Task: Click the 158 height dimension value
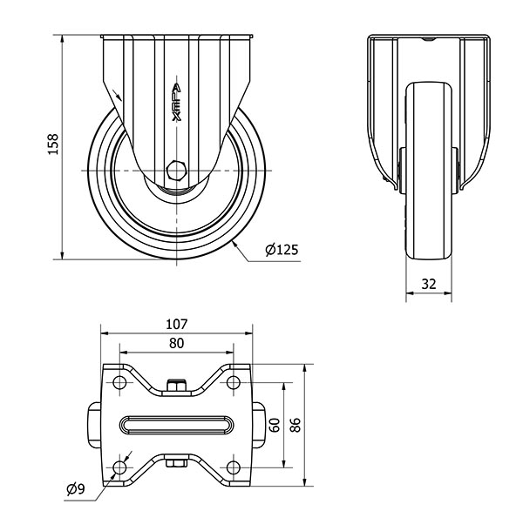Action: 53,145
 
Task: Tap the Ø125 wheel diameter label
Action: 282,250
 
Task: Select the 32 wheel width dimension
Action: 429,284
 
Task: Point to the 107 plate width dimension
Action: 176,324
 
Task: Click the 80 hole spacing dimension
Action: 176,343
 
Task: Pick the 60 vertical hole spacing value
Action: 275,425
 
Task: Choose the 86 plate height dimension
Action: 295,425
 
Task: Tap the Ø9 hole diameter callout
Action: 76,488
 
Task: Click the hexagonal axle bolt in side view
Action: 176,171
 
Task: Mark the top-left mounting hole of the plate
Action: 119,383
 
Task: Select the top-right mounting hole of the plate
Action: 234,383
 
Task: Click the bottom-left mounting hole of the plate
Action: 119,467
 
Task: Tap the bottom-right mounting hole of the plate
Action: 234,467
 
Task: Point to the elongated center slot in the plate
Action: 176,425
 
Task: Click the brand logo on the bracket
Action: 176,102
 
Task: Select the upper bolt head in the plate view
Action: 176,385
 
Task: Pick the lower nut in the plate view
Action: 176,463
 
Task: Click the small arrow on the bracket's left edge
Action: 117,95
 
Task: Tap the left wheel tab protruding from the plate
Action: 95,425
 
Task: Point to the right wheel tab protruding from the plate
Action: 258,425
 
